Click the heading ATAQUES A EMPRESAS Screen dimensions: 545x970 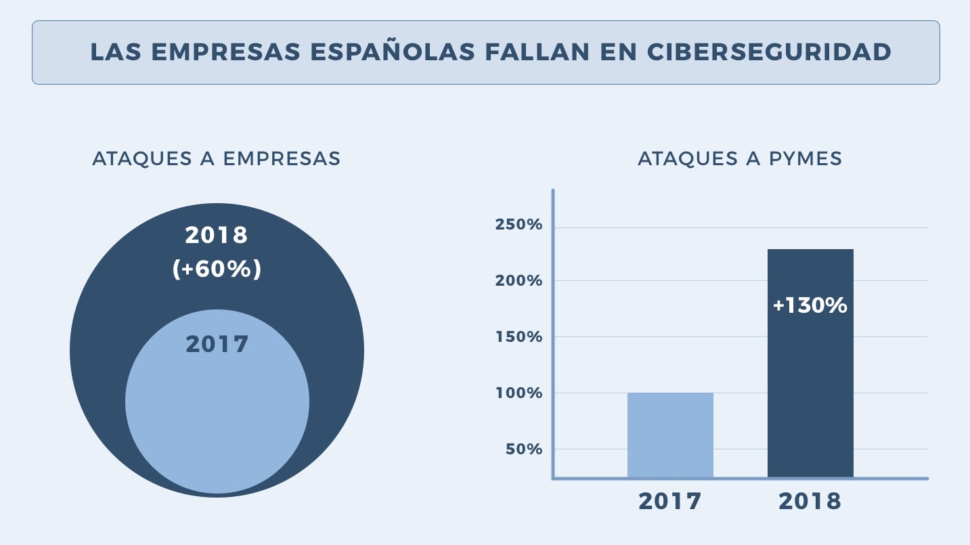216,158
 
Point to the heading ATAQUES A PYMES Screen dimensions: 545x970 740,158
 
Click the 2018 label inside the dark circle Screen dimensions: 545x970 217,236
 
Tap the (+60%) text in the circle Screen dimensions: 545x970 217,269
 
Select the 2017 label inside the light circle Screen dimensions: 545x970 217,344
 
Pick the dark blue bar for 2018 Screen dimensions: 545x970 810,393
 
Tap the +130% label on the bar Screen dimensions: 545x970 810,305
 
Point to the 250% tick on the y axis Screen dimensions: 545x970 519,225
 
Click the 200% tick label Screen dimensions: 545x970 519,280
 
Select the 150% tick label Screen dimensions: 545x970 519,336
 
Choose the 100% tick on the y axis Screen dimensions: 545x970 519,393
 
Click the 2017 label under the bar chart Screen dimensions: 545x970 670,502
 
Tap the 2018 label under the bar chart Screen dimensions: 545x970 810,502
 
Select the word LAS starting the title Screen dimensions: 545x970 110,52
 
